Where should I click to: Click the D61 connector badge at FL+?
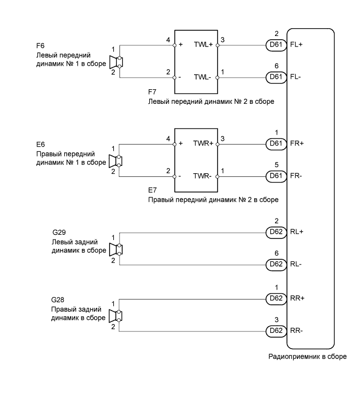[276, 45]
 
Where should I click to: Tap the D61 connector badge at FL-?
[276, 77]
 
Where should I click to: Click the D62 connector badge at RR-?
[276, 330]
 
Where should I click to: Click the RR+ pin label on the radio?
[297, 298]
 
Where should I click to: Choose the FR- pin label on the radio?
[296, 176]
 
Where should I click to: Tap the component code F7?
[152, 92]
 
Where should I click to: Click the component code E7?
[152, 191]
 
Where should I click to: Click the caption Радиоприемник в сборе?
[307, 357]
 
